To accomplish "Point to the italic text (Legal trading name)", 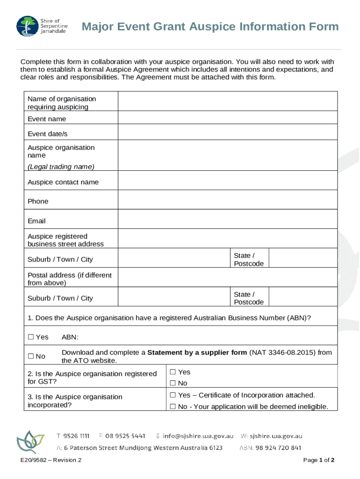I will pyautogui.click(x=61, y=167).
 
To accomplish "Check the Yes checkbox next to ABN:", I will pyautogui.click(x=31, y=337).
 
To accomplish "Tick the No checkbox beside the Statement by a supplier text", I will pyautogui.click(x=31, y=356).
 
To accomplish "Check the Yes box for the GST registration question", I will pyautogui.click(x=173, y=372).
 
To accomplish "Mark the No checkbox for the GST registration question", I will pyautogui.click(x=173, y=384).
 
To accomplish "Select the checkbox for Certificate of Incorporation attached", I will pyautogui.click(x=173, y=395).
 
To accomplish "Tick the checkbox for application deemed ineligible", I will pyautogui.click(x=173, y=406).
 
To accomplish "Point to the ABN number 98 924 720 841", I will pyautogui.click(x=278, y=448).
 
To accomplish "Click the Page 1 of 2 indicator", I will pyautogui.click(x=318, y=460).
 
